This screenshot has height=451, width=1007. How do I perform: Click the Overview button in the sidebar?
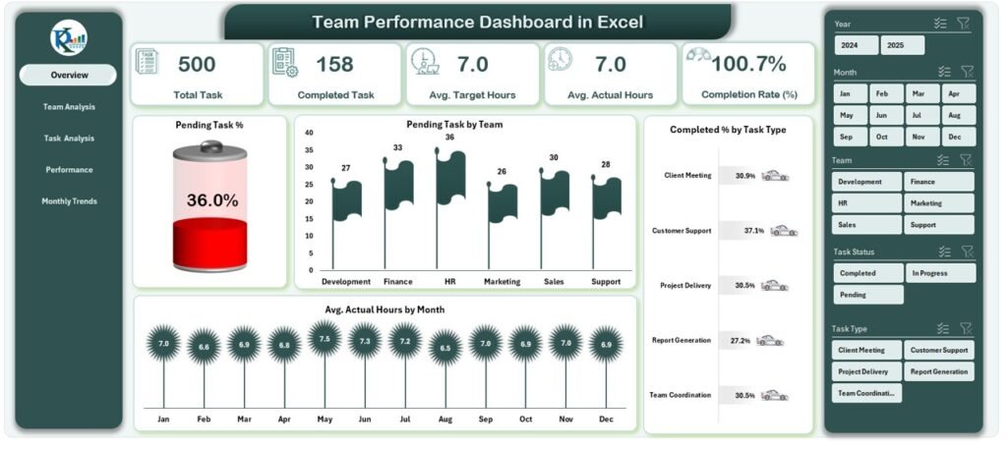tap(68, 75)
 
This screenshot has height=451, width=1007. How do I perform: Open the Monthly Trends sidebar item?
tap(69, 201)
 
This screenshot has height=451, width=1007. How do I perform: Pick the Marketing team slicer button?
tap(939, 203)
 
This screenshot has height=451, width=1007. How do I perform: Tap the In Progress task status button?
tap(941, 273)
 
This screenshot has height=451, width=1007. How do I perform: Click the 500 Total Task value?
tap(197, 65)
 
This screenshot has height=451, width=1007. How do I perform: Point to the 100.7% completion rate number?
tap(748, 65)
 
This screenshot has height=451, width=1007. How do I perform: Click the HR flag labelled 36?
tap(450, 178)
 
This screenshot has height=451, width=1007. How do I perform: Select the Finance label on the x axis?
tap(397, 281)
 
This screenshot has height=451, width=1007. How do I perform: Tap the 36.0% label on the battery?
tap(211, 200)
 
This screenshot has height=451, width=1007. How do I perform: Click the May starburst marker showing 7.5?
tap(325, 339)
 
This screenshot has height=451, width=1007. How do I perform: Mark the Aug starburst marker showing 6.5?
tap(445, 348)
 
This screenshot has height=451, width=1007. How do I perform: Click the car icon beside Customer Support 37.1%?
tap(784, 231)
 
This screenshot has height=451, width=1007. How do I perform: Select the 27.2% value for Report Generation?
tap(740, 341)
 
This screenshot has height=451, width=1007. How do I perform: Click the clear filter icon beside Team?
tap(966, 160)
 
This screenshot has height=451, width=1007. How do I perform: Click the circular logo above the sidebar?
tap(69, 36)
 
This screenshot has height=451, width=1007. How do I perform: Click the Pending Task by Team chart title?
tap(454, 125)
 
